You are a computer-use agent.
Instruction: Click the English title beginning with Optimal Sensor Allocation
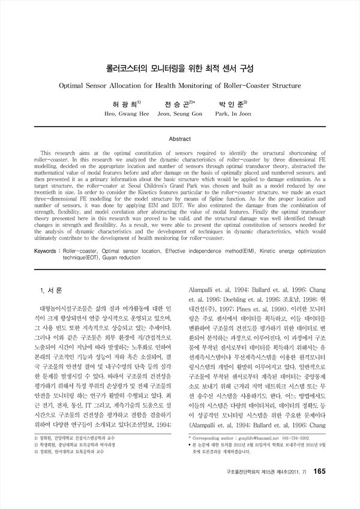pyautogui.click(x=180, y=86)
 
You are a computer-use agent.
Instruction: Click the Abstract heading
pyautogui.click(x=180, y=139)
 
